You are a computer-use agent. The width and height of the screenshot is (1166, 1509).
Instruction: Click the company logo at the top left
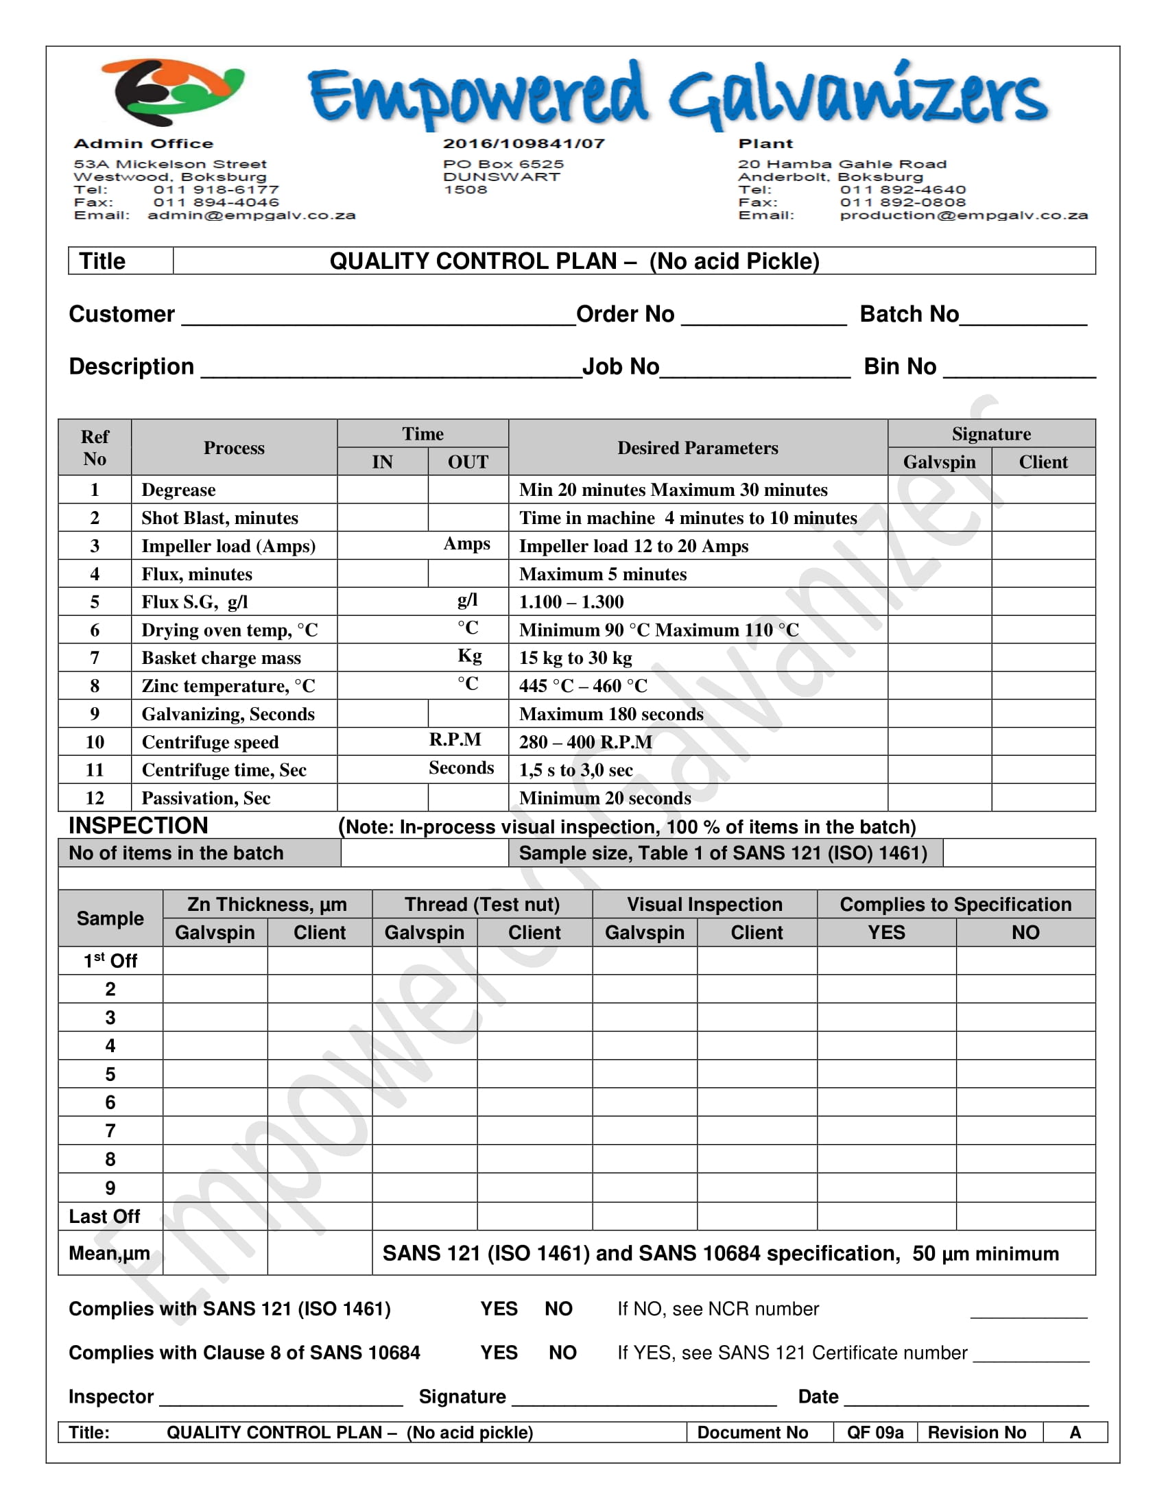173,91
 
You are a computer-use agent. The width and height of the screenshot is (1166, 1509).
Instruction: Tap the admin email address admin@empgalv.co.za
252,215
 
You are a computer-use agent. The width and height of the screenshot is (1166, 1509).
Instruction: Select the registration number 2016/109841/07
523,144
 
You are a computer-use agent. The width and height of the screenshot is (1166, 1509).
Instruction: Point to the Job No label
620,367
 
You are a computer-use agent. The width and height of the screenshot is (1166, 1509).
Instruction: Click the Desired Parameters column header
698,448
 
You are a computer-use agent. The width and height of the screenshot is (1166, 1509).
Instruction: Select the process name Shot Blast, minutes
219,518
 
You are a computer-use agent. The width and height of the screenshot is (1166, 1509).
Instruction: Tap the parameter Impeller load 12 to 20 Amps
634,547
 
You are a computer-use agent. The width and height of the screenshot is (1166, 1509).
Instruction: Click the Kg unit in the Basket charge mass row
470,656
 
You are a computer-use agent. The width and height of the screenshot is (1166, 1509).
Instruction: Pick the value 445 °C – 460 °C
583,686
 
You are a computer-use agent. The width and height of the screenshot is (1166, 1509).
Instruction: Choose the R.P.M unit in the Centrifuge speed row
455,740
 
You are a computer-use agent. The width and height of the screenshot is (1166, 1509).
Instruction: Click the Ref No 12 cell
95,798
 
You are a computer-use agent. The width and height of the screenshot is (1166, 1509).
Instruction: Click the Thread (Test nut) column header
482,905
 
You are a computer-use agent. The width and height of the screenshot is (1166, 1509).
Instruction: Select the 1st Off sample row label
110,961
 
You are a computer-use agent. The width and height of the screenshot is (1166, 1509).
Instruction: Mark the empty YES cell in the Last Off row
886,1216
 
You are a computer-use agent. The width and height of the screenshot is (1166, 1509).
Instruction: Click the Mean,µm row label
109,1253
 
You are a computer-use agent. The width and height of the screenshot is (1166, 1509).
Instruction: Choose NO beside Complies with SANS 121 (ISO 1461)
558,1309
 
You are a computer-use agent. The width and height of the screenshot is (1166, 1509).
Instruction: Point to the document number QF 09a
875,1433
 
